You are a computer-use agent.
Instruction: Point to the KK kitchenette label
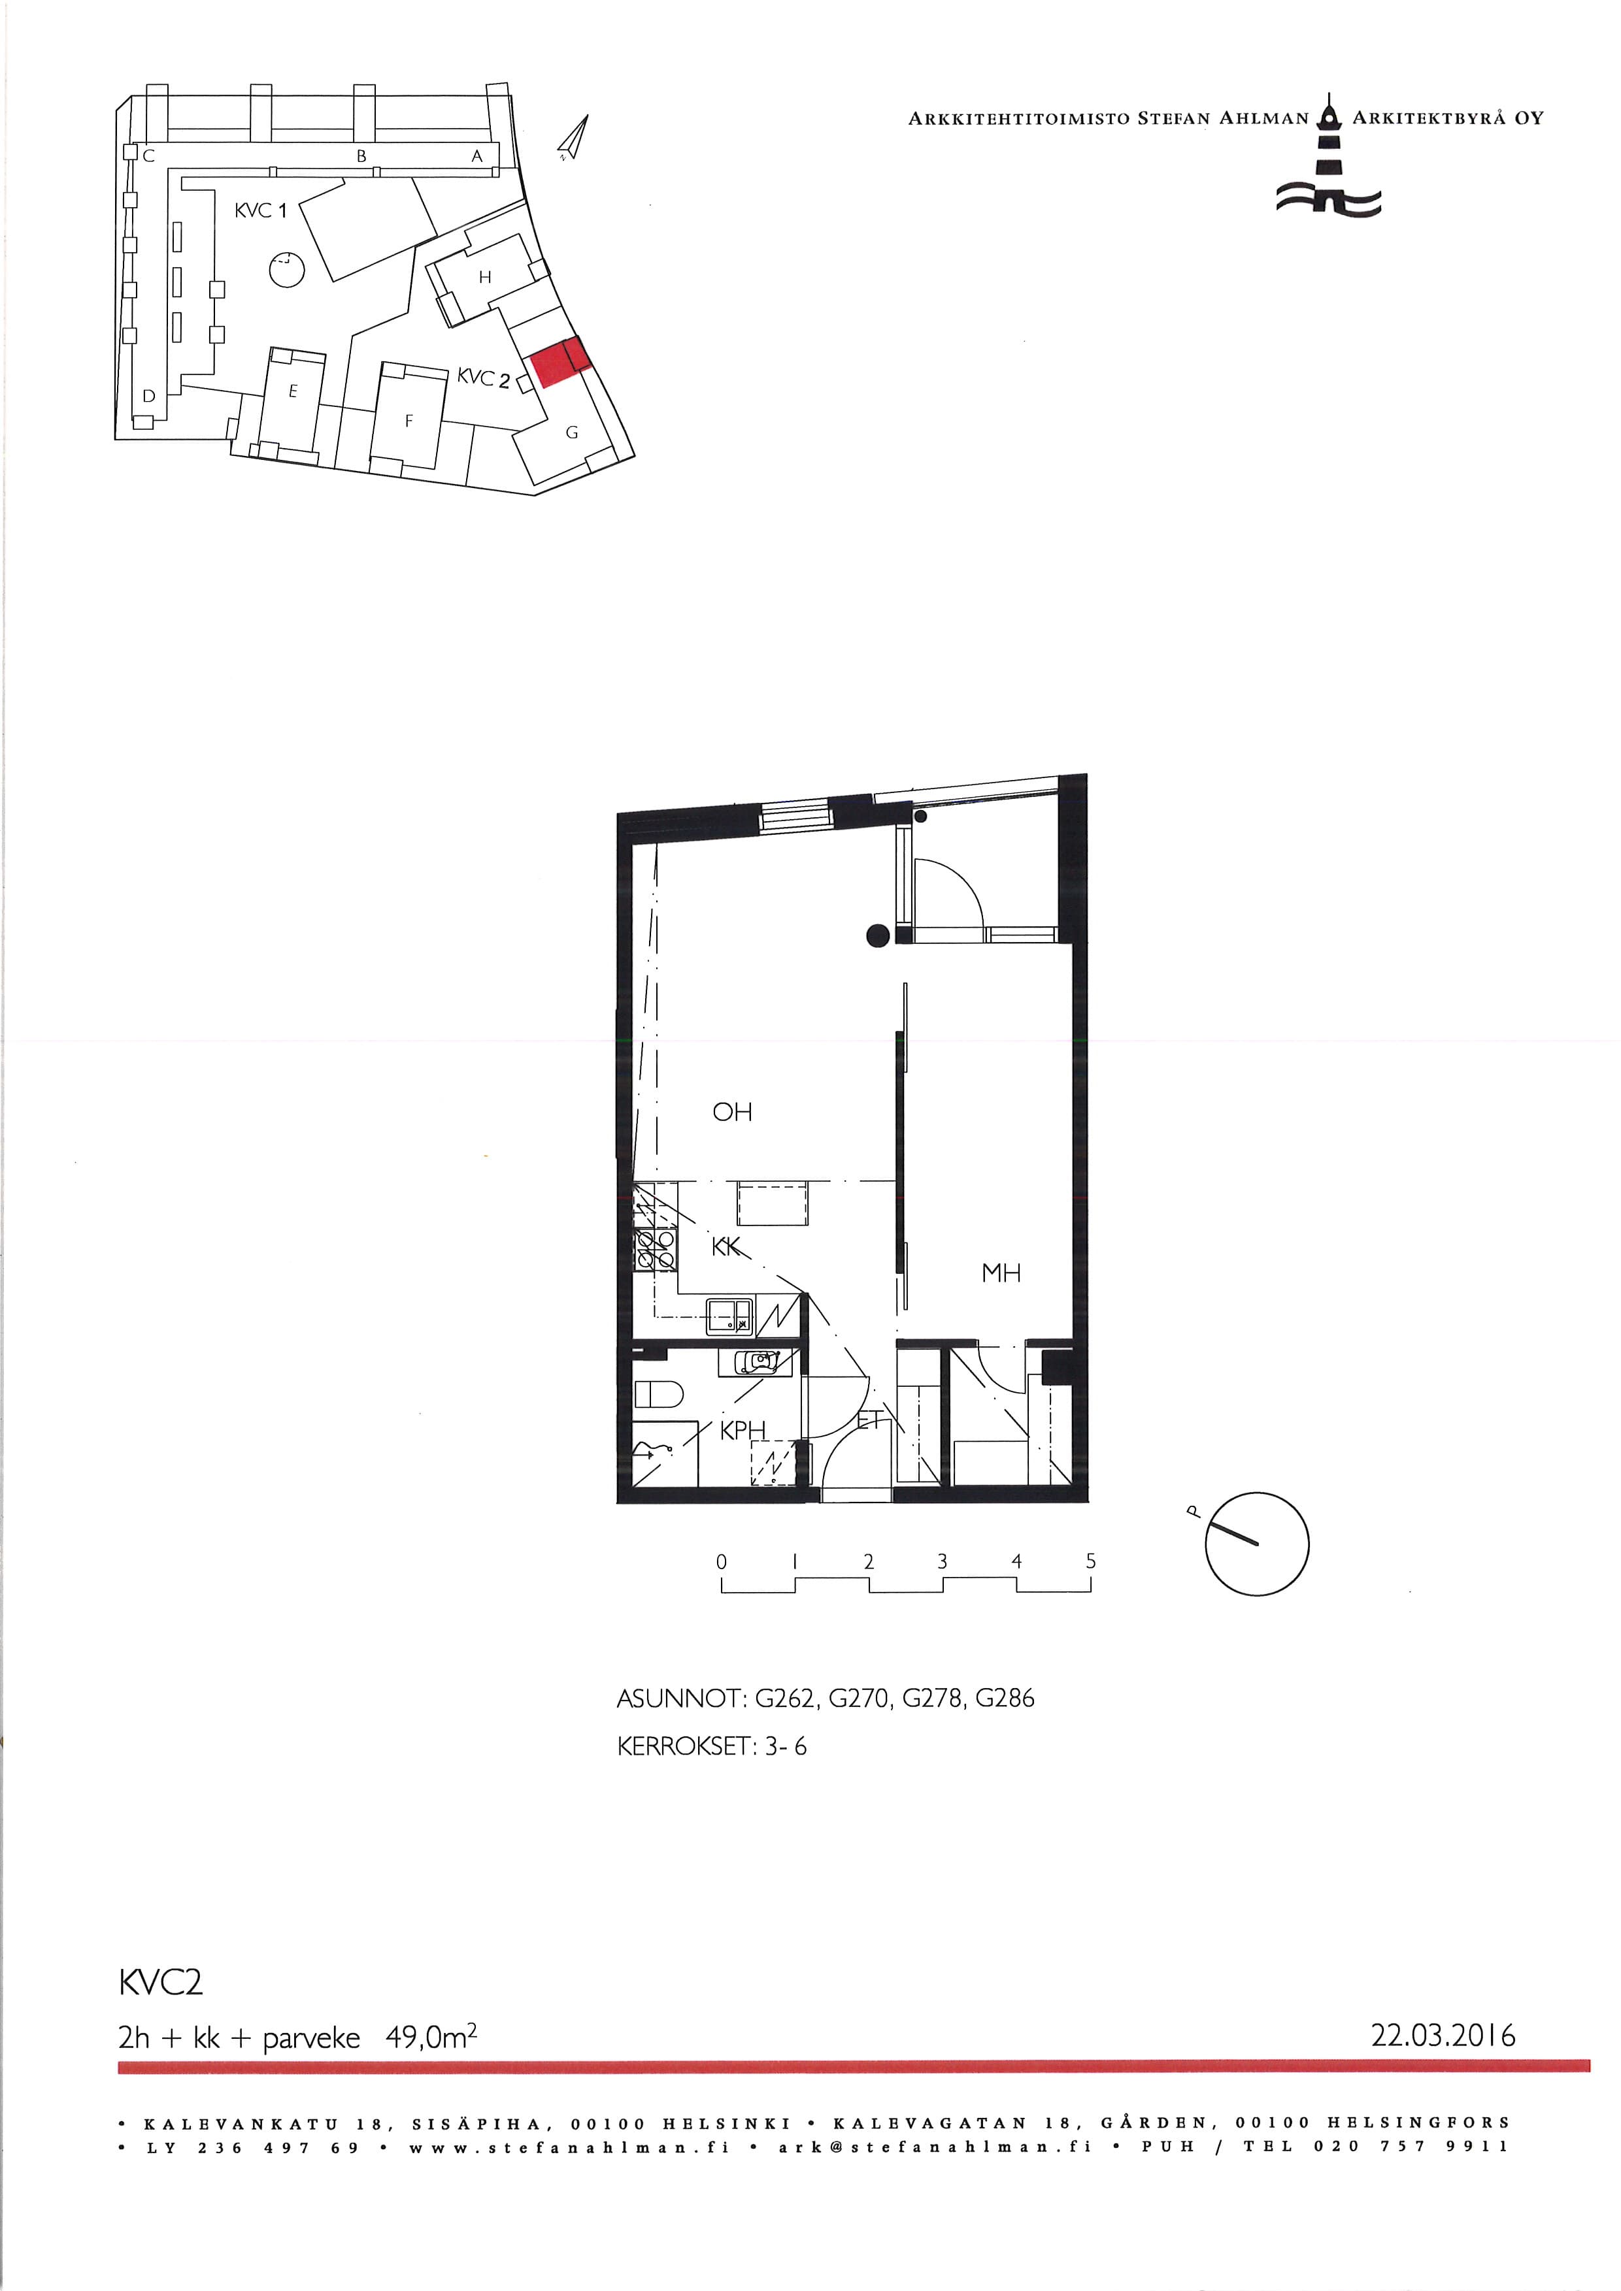click(727, 1246)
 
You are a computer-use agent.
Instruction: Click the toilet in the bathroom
click(658, 1393)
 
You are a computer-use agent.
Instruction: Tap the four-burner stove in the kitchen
click(655, 1248)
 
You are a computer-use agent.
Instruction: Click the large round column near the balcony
click(877, 935)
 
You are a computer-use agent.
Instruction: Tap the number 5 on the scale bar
click(1091, 1561)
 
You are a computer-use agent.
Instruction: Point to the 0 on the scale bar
click(722, 1561)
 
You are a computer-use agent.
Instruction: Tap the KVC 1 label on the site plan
click(261, 210)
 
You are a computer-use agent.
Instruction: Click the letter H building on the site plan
click(485, 278)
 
